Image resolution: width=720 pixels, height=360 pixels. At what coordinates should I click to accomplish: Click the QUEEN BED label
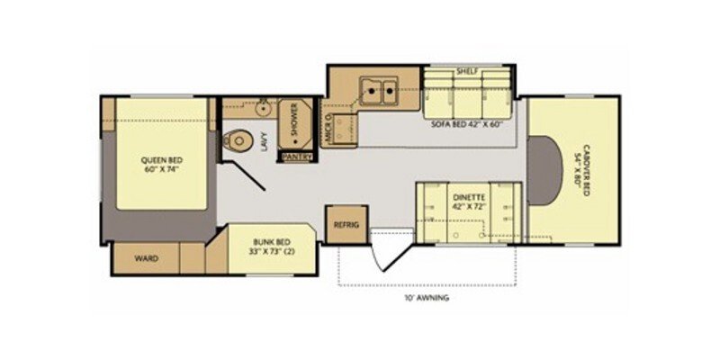(x=157, y=161)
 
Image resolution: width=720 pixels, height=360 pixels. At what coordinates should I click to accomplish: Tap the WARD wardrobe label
(x=147, y=258)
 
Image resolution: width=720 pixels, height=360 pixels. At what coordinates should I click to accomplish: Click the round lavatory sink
(x=263, y=110)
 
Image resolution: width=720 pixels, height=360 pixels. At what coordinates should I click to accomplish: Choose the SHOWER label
(x=294, y=122)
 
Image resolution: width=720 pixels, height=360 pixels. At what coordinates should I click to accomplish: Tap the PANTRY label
(x=297, y=157)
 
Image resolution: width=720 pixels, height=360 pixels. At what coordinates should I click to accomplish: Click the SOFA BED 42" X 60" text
(x=465, y=125)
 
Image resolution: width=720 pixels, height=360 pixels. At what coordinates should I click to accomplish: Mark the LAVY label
(x=265, y=142)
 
